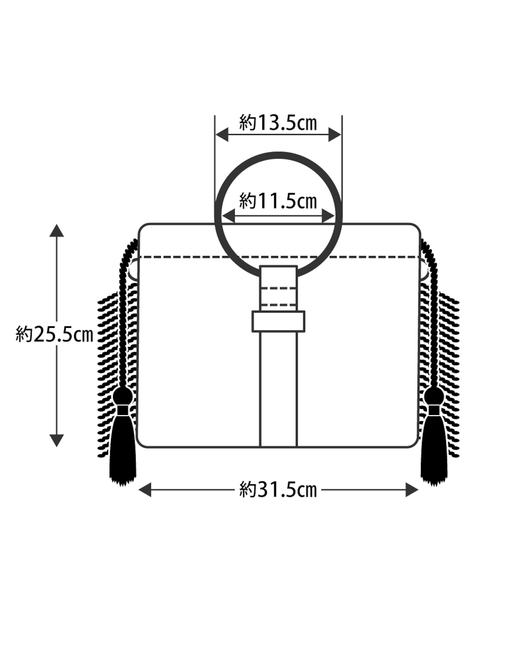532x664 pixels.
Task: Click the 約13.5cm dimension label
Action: (x=278, y=123)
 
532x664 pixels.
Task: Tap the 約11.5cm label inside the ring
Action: (x=278, y=201)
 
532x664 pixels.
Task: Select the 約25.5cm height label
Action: (x=54, y=334)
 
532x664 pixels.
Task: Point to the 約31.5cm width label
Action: (x=278, y=490)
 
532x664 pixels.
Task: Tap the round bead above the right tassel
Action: (x=434, y=396)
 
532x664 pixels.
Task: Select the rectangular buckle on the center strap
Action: (x=278, y=322)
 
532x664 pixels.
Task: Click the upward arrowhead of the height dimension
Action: (x=57, y=230)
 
